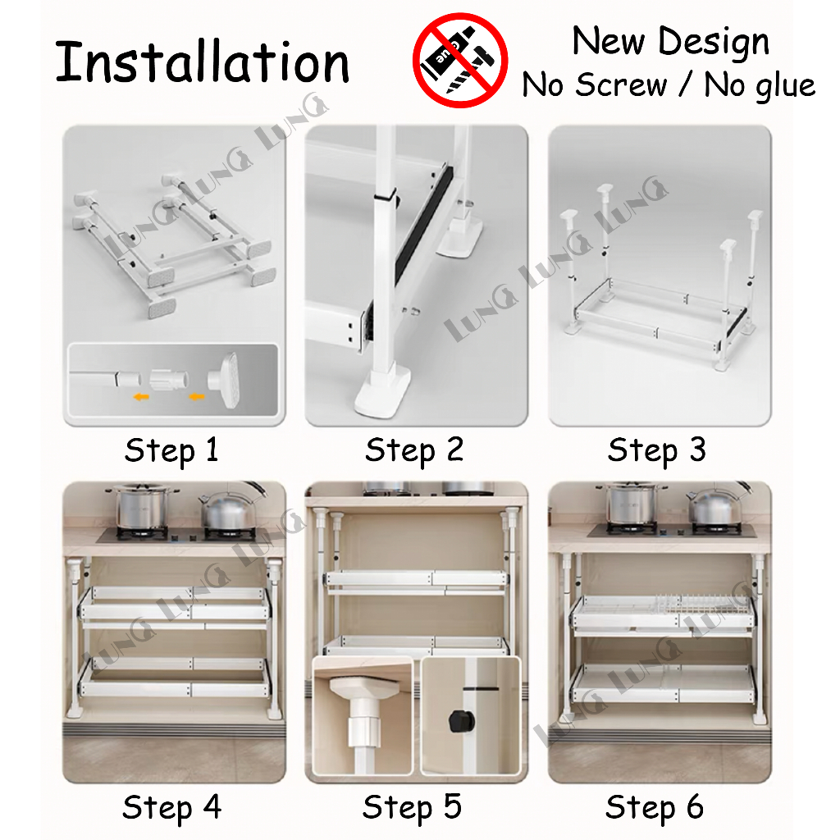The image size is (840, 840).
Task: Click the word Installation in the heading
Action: [x=202, y=62]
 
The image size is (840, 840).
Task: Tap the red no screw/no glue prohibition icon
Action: [x=460, y=60]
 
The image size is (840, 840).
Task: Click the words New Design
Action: [x=671, y=41]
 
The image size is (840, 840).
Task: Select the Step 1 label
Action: [x=172, y=450]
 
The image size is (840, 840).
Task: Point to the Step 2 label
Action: [x=414, y=450]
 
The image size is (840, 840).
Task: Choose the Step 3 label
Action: [x=657, y=450]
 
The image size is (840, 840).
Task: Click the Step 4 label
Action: [x=172, y=807]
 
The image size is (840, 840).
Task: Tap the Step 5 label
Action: [x=412, y=807]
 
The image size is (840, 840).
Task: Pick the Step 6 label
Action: [x=655, y=807]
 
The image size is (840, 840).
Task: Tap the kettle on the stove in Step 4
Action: [x=231, y=508]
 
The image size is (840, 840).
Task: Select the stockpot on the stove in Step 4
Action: [x=140, y=506]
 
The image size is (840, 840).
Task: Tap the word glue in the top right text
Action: [x=787, y=85]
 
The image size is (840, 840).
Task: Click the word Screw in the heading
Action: [x=622, y=84]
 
